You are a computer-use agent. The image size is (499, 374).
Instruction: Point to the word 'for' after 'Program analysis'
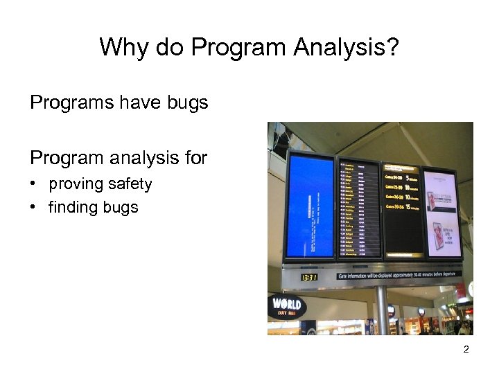tap(195, 159)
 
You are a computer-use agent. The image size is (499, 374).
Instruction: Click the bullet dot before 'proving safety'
tap(33, 185)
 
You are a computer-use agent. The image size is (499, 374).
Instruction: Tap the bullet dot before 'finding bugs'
tap(33, 207)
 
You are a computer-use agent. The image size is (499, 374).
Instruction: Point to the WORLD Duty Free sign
tap(287, 306)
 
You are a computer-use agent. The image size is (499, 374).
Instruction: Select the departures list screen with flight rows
tap(359, 210)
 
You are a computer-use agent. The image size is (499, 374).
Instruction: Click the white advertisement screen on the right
tap(441, 211)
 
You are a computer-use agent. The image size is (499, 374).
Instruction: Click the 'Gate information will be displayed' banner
tap(398, 275)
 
